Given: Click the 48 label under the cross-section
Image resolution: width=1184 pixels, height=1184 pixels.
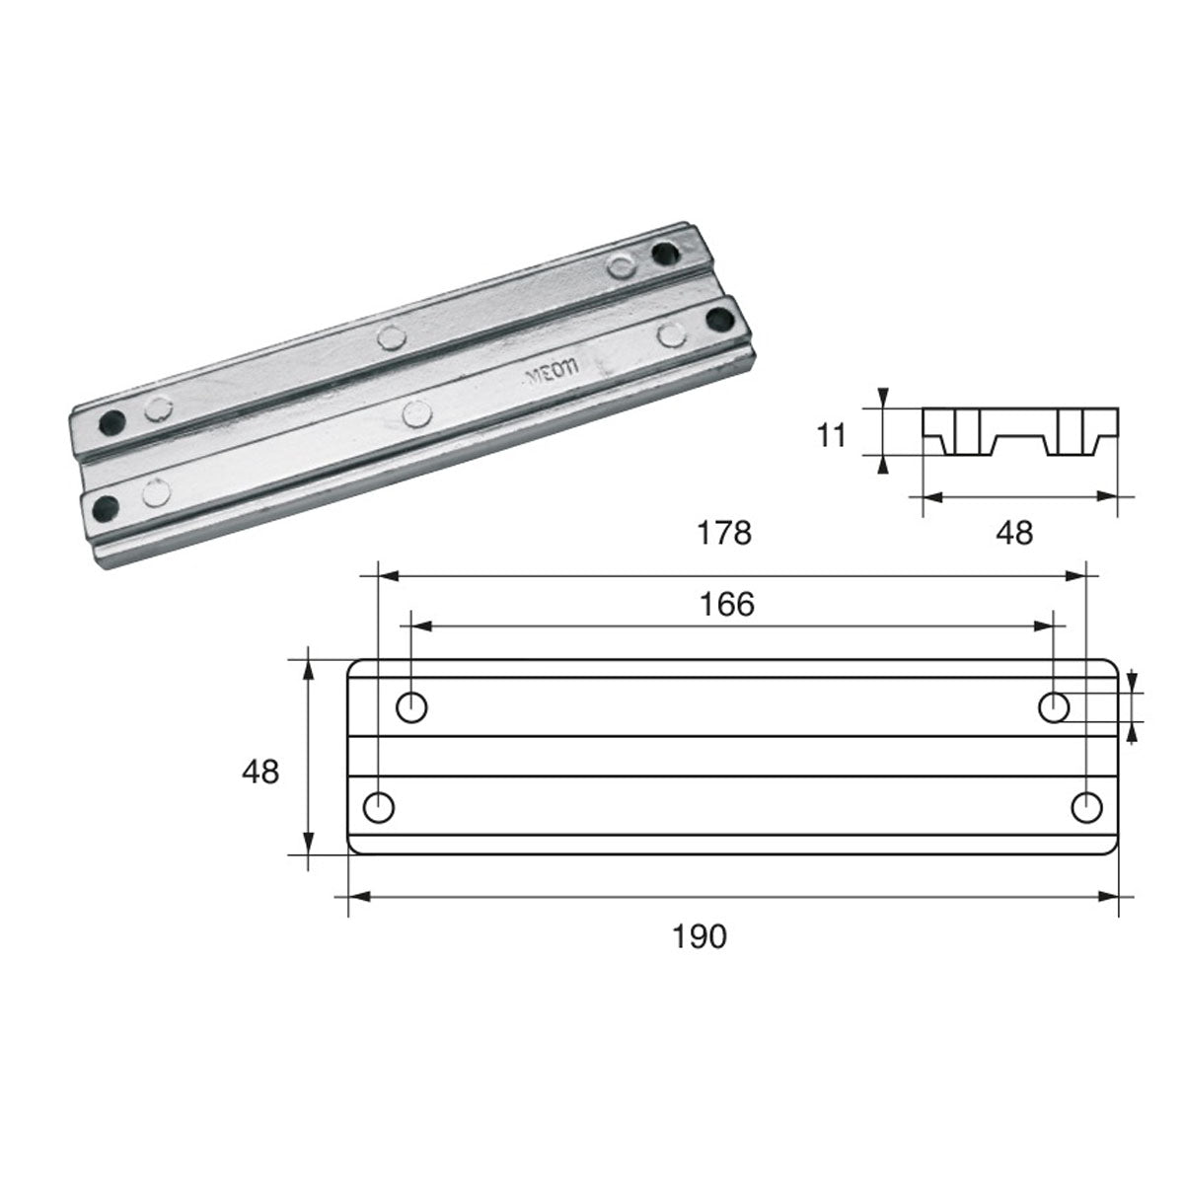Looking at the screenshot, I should point(1014,533).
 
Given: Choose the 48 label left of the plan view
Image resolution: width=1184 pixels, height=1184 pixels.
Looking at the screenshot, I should point(260,771).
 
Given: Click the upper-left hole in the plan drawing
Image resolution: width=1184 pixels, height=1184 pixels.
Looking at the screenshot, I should point(410,706).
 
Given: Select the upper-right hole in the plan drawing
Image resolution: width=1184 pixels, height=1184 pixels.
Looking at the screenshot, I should point(1055,706).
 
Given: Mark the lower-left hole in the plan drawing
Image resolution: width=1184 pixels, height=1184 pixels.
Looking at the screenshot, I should point(379,807).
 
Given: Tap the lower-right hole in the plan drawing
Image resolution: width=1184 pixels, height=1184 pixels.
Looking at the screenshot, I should point(1086,807).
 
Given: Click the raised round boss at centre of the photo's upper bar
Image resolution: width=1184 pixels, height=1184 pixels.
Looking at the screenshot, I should point(393,337).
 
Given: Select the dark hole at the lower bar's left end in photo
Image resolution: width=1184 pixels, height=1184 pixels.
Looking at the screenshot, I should point(103,508).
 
